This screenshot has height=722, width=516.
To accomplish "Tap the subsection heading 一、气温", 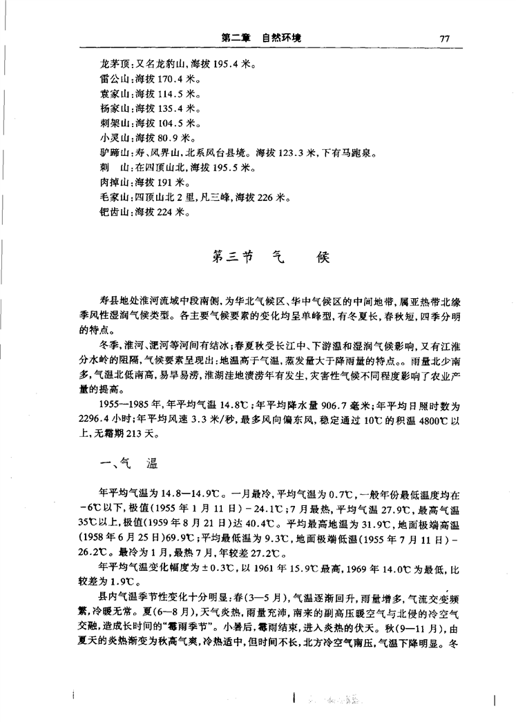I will coord(129,467).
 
